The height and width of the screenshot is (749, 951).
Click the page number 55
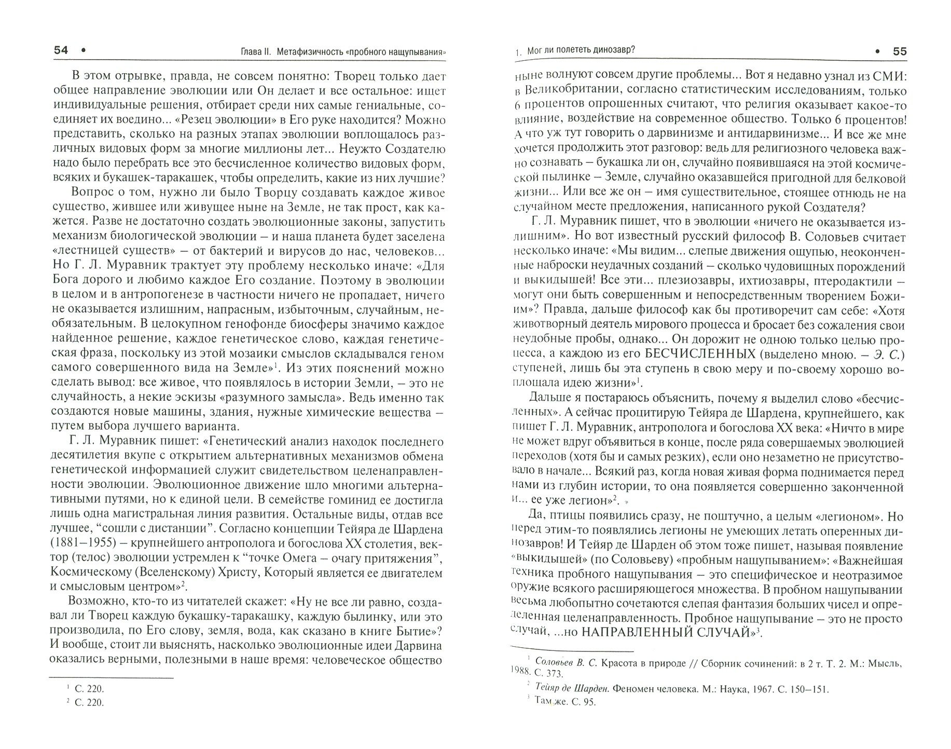[899, 51]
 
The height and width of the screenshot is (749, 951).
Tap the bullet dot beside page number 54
[84, 50]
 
